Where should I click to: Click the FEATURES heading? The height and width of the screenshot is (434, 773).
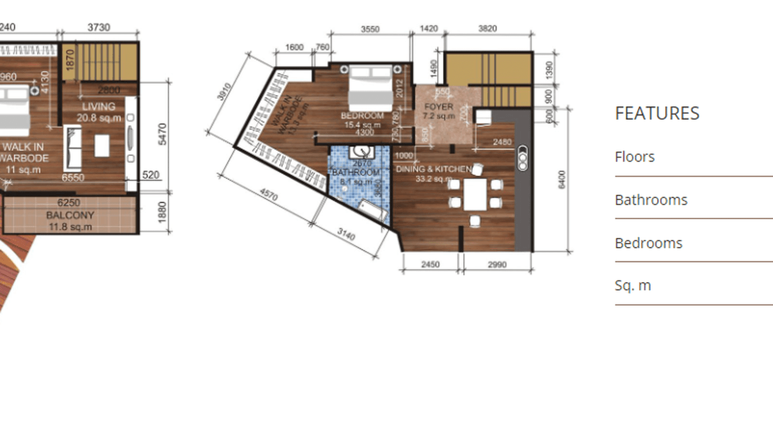tap(657, 113)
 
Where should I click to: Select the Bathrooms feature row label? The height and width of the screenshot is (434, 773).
tap(651, 200)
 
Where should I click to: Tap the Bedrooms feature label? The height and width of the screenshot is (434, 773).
tap(648, 243)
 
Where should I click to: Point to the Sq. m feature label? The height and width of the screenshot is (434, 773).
tap(632, 285)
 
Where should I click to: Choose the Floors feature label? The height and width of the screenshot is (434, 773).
tap(634, 157)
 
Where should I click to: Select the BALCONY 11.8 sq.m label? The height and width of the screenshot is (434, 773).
tap(70, 220)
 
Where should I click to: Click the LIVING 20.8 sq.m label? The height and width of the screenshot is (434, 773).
tap(99, 112)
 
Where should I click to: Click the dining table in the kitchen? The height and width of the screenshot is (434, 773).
tap(475, 195)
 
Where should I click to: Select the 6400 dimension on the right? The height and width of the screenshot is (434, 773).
tap(562, 180)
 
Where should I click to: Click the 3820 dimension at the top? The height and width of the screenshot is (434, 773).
tap(487, 28)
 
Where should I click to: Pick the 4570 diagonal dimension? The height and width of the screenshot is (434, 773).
tap(268, 194)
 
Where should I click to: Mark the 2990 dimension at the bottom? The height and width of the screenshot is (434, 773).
tap(497, 264)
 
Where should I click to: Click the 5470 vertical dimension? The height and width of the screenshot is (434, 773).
tap(162, 134)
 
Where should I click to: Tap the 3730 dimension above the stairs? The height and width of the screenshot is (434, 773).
tap(98, 27)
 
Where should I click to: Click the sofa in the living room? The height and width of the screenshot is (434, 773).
tap(73, 146)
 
